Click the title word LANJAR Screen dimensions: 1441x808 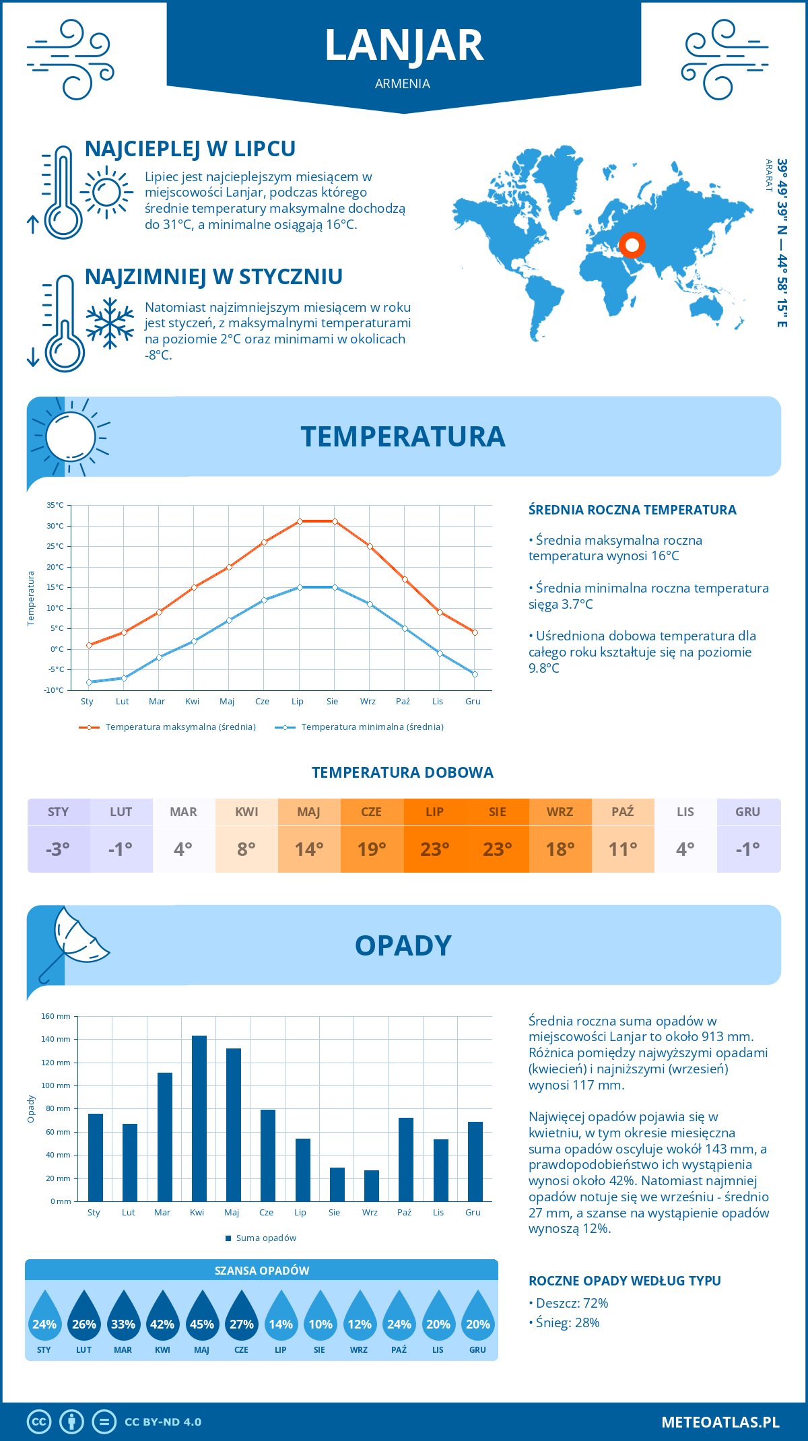[404, 46]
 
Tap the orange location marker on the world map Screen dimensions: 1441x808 [632, 245]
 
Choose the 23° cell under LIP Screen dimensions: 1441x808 [434, 849]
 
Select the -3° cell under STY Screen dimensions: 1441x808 [58, 849]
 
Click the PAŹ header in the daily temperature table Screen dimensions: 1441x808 [623, 811]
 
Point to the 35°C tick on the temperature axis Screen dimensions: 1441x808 [55, 505]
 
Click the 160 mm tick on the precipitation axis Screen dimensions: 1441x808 [56, 1016]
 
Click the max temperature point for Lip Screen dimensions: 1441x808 [300, 521]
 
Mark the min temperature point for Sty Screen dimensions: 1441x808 [89, 682]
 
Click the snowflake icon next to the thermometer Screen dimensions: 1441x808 [110, 323]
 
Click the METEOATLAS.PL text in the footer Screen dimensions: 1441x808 [720, 1422]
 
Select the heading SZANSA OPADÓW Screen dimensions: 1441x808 [262, 1271]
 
